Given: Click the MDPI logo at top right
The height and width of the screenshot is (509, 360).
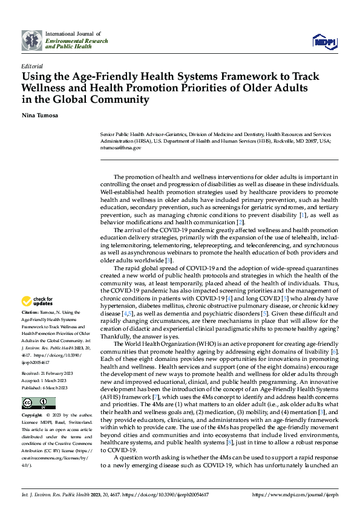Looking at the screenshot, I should point(325,41).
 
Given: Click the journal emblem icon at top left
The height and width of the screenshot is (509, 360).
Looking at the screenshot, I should point(32,41).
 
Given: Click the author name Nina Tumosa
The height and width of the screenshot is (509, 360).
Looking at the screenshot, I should point(41,115).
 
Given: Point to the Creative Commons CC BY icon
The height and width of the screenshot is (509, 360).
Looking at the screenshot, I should point(38,403).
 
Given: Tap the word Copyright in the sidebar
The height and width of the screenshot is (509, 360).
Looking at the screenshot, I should point(33,416).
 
